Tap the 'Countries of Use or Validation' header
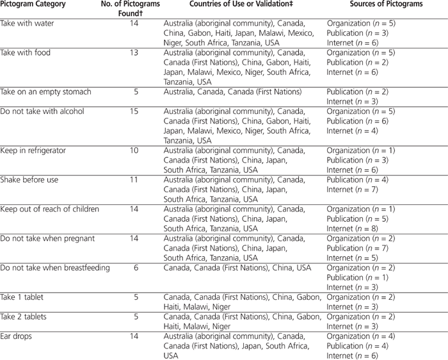point(241,4)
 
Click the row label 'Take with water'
point(28,23)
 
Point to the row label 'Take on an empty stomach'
point(46,92)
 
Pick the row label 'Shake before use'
point(29,180)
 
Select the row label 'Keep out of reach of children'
point(50,209)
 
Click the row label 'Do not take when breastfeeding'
point(55,268)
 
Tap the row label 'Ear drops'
point(16,336)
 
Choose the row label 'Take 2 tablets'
point(23,316)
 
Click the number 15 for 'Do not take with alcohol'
point(134,111)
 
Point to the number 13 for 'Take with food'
point(134,53)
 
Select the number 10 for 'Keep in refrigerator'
point(134,151)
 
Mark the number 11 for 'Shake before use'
point(134,180)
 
